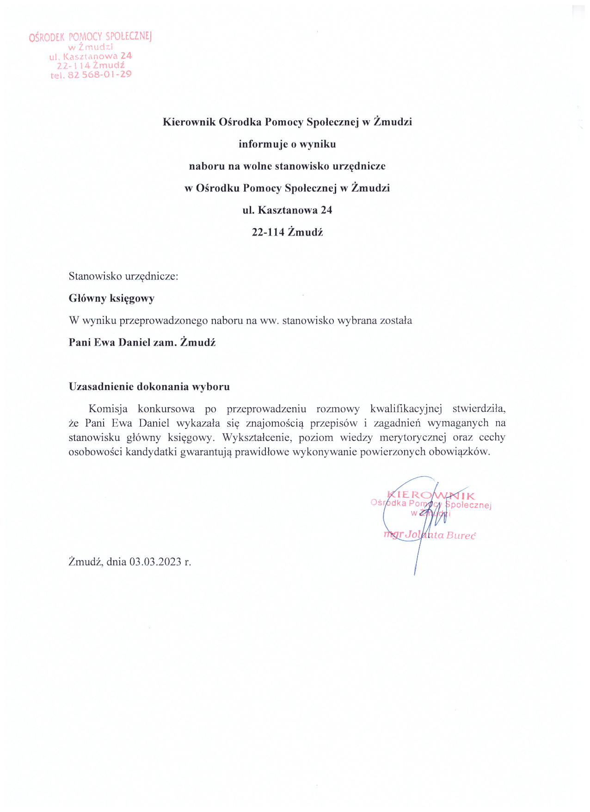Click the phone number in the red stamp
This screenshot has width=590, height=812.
(x=99, y=74)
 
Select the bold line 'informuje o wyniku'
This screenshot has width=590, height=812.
(x=287, y=144)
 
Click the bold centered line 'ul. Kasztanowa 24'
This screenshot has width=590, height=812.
(x=287, y=211)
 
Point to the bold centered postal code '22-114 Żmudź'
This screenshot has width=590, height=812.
(x=287, y=232)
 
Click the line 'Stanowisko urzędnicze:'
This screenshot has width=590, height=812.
(x=123, y=277)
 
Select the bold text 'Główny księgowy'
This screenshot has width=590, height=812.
(x=111, y=298)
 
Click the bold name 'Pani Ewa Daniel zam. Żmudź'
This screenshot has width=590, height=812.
(x=142, y=343)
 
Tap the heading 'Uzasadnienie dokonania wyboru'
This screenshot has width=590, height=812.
(x=149, y=387)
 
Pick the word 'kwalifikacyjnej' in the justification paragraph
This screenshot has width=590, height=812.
(x=406, y=409)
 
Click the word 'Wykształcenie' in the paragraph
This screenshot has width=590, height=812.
(x=257, y=438)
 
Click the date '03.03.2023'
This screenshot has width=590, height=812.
(x=155, y=562)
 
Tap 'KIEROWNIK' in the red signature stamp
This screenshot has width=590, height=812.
(x=430, y=496)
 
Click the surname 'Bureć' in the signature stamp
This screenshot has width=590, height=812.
(x=461, y=536)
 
